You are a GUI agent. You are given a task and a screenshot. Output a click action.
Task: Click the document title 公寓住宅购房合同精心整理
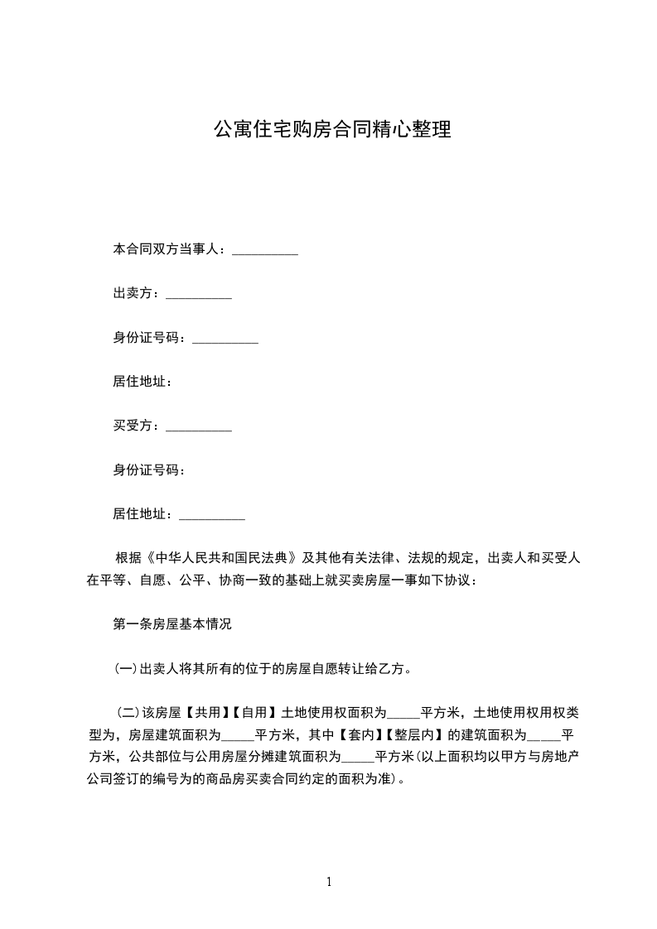coord(332,130)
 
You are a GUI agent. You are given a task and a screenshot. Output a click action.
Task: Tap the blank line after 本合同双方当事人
coord(264,250)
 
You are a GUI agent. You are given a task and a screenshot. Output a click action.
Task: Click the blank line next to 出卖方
coord(199,296)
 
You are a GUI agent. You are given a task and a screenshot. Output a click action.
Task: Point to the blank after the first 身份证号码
coord(225,340)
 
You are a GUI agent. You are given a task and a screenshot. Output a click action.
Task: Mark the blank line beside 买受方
coord(199,429)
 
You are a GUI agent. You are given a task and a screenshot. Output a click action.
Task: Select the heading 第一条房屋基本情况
coord(172,624)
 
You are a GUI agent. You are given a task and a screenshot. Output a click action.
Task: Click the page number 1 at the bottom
coord(329,882)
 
